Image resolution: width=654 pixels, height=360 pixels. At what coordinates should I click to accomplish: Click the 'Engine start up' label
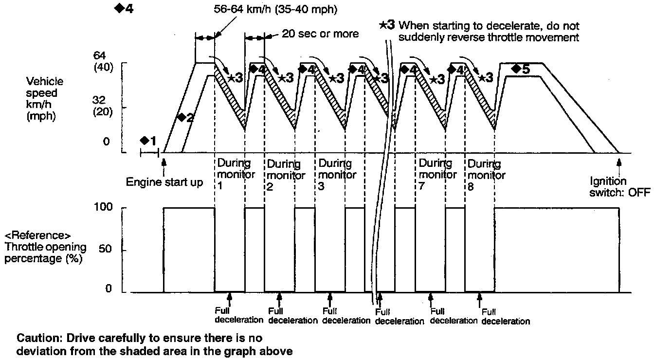(x=164, y=182)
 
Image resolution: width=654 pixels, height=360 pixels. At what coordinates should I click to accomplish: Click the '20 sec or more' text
(x=320, y=34)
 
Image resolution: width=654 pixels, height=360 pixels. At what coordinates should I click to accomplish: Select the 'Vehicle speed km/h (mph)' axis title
(x=45, y=99)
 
